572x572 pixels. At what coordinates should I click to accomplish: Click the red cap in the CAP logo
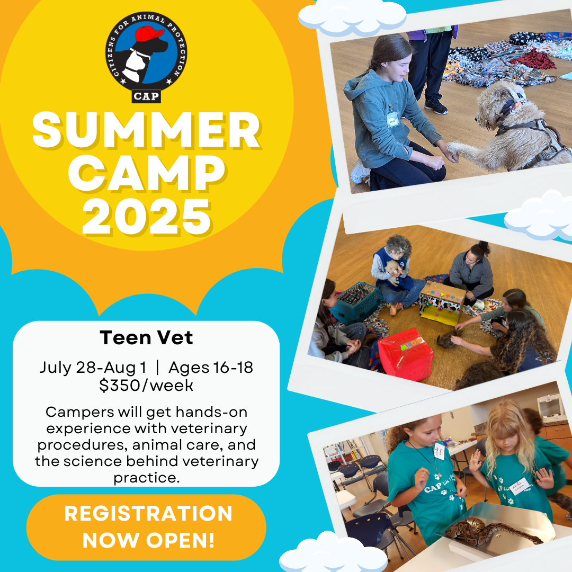click(x=149, y=33)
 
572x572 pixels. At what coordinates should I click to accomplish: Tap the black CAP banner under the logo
click(x=146, y=96)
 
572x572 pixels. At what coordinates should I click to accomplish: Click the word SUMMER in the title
click(x=146, y=130)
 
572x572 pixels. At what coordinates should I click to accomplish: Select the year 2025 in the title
click(x=146, y=217)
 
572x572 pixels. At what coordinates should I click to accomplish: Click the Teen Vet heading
click(x=146, y=337)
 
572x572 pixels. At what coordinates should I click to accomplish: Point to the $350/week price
click(x=146, y=385)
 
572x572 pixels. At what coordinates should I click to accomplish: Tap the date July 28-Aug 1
click(x=93, y=368)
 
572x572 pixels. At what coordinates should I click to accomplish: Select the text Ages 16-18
click(x=211, y=368)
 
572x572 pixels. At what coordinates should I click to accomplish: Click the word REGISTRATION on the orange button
click(x=148, y=513)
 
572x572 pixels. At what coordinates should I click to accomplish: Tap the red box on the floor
click(x=405, y=354)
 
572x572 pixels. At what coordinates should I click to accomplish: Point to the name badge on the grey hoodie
click(x=392, y=119)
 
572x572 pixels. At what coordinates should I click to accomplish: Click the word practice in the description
click(x=146, y=478)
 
